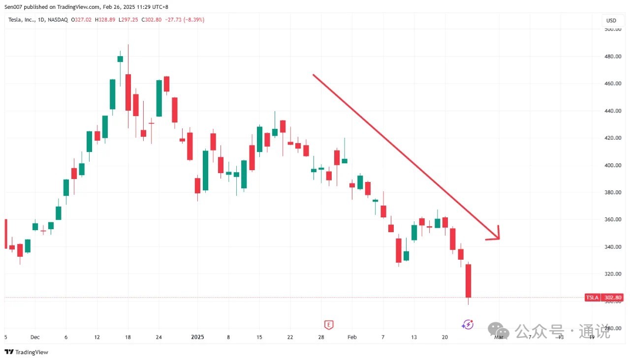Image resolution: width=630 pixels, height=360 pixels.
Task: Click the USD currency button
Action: coord(611,21)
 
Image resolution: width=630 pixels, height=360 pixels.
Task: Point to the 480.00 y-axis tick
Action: coord(612,57)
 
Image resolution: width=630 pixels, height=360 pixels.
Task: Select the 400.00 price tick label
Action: coord(612,165)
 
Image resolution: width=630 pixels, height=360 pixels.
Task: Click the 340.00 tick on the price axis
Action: coord(612,247)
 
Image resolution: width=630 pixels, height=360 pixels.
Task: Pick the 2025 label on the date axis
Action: coord(197,337)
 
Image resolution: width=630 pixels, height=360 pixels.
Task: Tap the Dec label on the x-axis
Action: coord(35,337)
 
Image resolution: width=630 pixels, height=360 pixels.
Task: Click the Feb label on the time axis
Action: coord(351,337)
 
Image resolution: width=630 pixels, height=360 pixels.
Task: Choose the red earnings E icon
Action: coord(329,325)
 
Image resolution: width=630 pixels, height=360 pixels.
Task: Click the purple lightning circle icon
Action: coord(468,324)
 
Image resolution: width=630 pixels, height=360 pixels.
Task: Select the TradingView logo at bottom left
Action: coord(27,352)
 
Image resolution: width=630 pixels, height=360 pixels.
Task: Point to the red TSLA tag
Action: coord(592,298)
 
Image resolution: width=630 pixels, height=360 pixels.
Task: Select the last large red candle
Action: coord(469,280)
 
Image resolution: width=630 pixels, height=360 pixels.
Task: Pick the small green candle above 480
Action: coord(120,59)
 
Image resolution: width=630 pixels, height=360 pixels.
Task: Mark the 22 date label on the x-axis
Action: coord(290,337)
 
